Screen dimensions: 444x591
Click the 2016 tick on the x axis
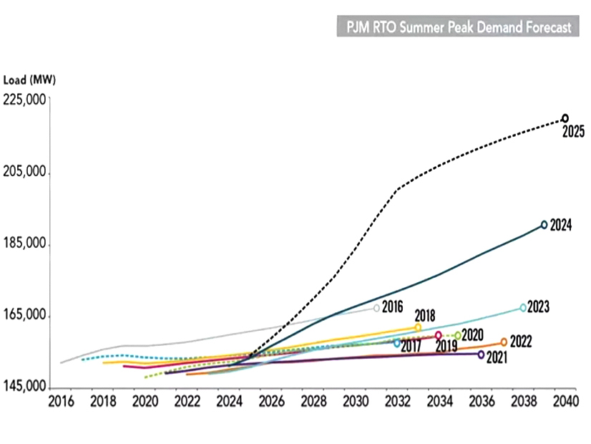pyautogui.click(x=62, y=401)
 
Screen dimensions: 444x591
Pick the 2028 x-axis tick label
pyautogui.click(x=313, y=401)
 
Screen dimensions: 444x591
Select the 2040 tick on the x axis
pyautogui.click(x=565, y=401)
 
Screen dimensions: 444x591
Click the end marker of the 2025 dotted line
pyautogui.click(x=565, y=118)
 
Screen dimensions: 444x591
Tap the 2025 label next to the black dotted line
pyautogui.click(x=573, y=132)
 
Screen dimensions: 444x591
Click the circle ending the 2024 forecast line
pyautogui.click(x=544, y=225)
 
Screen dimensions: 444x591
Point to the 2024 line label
pyautogui.click(x=562, y=225)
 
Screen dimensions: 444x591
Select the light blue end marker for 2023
pyautogui.click(x=523, y=308)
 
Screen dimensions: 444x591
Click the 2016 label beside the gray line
pyautogui.click(x=394, y=307)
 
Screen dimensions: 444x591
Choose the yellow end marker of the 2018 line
pyautogui.click(x=418, y=327)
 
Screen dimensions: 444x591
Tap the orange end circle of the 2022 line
pyautogui.click(x=504, y=342)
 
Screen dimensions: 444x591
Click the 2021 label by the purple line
pyautogui.click(x=497, y=357)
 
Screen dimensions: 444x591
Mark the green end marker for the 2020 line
pyautogui.click(x=458, y=335)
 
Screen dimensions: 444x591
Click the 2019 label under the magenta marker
pyautogui.click(x=446, y=346)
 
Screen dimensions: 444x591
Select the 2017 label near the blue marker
pyautogui.click(x=410, y=346)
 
